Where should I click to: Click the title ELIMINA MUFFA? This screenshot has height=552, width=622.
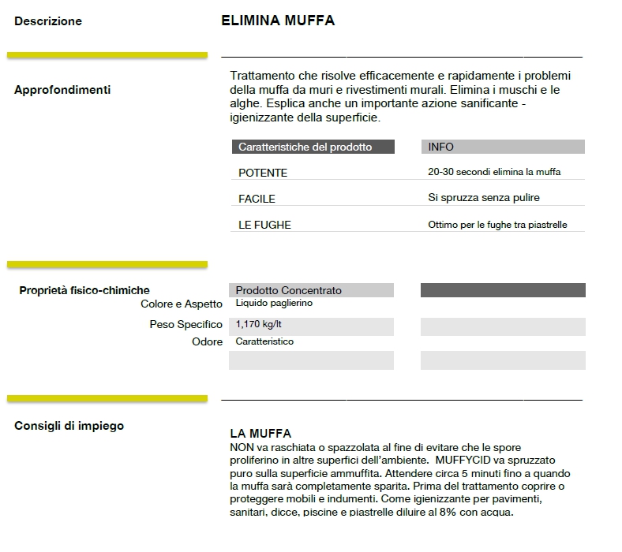pyautogui.click(x=278, y=21)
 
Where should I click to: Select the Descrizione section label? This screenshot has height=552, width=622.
pyautogui.click(x=48, y=21)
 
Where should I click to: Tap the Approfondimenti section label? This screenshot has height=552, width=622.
pyautogui.click(x=62, y=90)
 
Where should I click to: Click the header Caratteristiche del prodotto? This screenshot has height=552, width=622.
pyautogui.click(x=305, y=147)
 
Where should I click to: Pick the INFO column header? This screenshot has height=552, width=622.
pyautogui.click(x=440, y=147)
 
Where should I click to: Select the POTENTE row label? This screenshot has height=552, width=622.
pyautogui.click(x=263, y=173)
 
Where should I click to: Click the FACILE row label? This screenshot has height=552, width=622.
pyautogui.click(x=257, y=199)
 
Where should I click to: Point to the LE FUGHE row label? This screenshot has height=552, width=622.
pyautogui.click(x=264, y=225)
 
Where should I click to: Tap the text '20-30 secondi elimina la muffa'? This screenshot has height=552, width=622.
pyautogui.click(x=494, y=172)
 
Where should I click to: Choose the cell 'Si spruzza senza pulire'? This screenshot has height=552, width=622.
pyautogui.click(x=484, y=198)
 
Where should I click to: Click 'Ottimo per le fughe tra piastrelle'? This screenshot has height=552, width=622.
pyautogui.click(x=497, y=225)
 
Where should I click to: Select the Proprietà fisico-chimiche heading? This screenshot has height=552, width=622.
pyautogui.click(x=84, y=291)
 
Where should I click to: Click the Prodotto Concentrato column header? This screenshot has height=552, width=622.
pyautogui.click(x=289, y=291)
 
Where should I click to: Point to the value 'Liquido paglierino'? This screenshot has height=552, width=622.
pyautogui.click(x=274, y=303)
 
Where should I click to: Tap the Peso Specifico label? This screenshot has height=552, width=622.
pyautogui.click(x=186, y=324)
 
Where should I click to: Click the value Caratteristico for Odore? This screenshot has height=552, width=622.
pyautogui.click(x=264, y=341)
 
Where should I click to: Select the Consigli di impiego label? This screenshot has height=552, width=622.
pyautogui.click(x=69, y=426)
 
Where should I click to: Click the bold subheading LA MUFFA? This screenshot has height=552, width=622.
pyautogui.click(x=260, y=434)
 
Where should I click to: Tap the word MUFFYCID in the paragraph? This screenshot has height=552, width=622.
pyautogui.click(x=455, y=459)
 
